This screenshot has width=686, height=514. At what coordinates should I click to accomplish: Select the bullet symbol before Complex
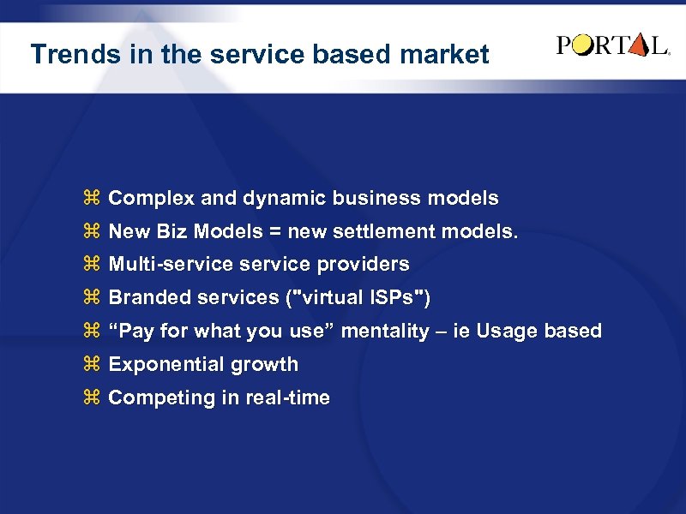(x=92, y=199)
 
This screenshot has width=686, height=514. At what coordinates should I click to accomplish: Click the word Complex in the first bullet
(x=147, y=199)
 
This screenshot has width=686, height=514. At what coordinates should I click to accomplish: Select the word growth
(x=260, y=365)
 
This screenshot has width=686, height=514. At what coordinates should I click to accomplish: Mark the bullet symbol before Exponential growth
(x=92, y=364)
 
